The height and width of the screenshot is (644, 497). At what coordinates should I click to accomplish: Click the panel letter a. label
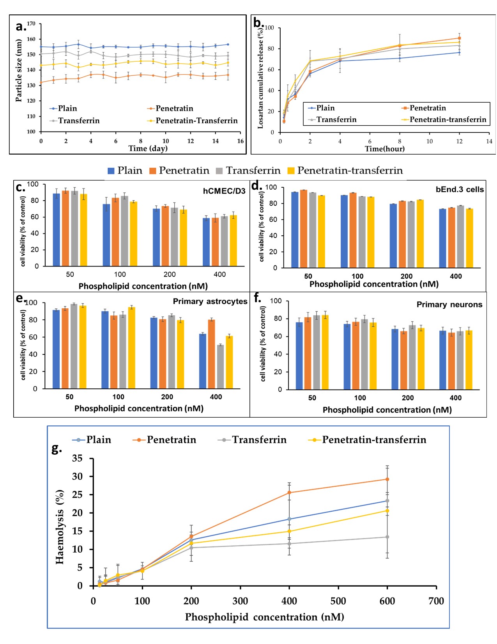21,27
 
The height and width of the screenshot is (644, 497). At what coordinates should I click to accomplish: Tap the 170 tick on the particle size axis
31,24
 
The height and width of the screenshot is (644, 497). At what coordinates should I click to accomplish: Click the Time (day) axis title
148,148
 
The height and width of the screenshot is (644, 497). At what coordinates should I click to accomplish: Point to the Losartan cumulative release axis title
260,78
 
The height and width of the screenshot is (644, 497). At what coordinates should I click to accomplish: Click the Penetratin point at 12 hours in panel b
460,38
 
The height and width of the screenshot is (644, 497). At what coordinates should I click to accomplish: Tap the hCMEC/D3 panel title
224,191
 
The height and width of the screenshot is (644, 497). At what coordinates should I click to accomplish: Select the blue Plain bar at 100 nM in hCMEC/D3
106,235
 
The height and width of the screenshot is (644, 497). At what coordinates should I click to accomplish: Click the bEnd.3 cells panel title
460,189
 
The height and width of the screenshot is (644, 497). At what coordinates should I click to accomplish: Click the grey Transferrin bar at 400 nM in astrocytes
221,366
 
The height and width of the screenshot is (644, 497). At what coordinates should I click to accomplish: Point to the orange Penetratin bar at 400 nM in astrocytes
212,354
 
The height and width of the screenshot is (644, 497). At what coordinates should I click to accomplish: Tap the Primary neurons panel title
449,304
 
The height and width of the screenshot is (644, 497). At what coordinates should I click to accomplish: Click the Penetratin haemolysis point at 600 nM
387,479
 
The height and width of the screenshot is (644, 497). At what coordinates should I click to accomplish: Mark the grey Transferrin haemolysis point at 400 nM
289,544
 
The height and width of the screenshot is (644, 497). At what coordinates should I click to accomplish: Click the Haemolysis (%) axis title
60,527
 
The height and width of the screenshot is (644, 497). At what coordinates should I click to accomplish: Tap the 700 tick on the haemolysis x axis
436,601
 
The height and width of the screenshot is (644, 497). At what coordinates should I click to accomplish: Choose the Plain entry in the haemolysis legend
92,440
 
